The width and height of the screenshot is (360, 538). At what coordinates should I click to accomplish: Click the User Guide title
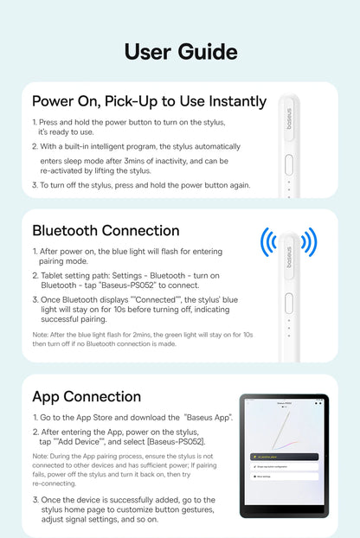180,51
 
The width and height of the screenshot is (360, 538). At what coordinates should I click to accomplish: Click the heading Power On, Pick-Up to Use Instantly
149,102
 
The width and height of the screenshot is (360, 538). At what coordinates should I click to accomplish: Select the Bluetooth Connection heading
106,231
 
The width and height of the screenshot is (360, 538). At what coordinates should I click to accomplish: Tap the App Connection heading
86,397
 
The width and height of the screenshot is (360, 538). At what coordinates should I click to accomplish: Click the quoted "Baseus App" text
207,417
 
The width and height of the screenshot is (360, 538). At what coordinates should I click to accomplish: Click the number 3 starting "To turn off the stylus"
35,185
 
